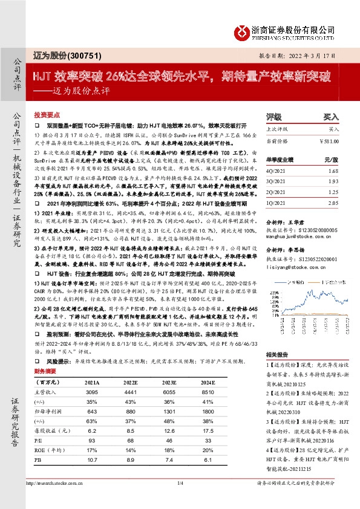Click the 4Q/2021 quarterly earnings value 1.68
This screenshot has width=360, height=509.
[333, 172]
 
